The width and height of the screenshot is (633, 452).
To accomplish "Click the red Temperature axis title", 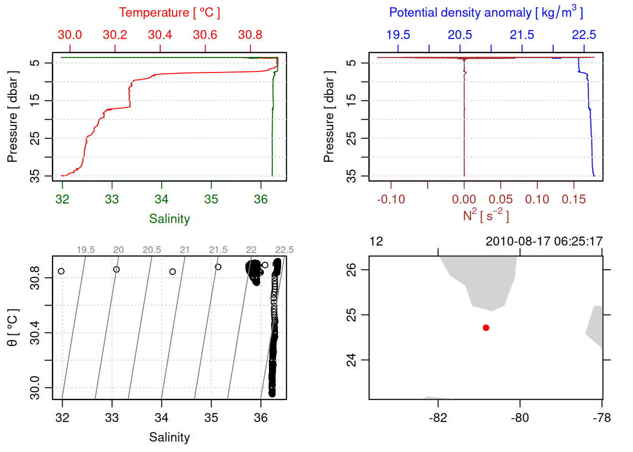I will point(169,13).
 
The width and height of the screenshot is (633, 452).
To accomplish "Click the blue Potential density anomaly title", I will point(486,13).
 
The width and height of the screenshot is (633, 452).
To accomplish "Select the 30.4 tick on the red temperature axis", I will point(160,35).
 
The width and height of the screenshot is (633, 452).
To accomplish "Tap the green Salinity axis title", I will point(169,219).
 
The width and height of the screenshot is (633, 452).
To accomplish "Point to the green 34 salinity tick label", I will point(162,200).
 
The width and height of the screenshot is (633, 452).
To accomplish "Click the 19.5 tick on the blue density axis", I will point(398,35).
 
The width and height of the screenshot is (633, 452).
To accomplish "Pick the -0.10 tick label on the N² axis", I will point(390,200).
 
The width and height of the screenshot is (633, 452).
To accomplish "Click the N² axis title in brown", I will point(486,216).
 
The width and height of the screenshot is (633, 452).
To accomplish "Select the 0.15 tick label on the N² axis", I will point(574,200).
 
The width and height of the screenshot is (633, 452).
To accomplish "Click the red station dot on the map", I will point(486,328).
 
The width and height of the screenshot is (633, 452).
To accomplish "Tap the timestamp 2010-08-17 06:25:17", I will point(544,242).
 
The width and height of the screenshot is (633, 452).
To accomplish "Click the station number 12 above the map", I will point(376,242).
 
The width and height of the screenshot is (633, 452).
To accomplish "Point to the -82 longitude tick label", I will point(438,418).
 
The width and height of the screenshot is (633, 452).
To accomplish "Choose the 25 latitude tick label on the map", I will point(351,315).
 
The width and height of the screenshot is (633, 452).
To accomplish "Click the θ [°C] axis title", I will point(13,328).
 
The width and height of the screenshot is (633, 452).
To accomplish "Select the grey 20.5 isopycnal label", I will point(152,250).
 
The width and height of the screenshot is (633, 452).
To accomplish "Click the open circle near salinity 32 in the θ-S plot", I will point(61,271).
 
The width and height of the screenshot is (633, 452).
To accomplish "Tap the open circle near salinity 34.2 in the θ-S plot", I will point(173,272).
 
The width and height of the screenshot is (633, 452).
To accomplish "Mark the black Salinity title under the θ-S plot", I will point(169,437).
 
